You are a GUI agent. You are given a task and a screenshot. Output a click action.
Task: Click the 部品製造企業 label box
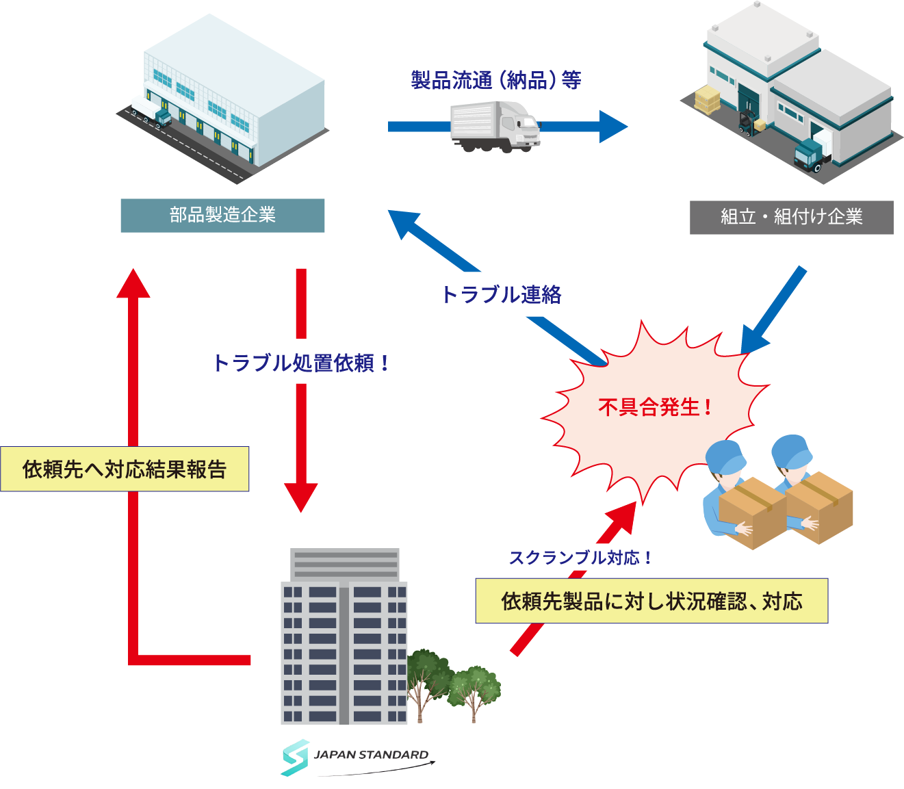click(x=222, y=216)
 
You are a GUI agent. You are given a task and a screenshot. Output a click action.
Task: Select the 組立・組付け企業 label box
click(x=791, y=218)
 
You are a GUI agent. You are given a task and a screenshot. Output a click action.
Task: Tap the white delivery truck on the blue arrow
click(x=495, y=127)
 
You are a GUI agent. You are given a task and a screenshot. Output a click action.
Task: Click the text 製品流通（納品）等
click(x=496, y=81)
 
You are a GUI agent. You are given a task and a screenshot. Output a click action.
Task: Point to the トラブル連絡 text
click(x=502, y=295)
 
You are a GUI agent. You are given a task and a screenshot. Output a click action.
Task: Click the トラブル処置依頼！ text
click(x=301, y=363)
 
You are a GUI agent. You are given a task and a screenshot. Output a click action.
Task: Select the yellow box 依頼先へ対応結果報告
click(x=125, y=469)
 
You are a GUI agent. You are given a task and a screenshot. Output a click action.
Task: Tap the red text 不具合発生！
click(x=655, y=408)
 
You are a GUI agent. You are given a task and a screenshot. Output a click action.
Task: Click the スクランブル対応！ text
click(x=580, y=558)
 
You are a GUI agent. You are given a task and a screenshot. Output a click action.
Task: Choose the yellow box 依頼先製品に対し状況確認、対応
click(x=651, y=602)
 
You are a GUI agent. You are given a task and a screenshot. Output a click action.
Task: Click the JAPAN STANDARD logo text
click(x=371, y=755)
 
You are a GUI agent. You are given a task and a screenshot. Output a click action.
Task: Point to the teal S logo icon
click(x=296, y=757)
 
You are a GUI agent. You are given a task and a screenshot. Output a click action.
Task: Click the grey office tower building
click(x=344, y=636)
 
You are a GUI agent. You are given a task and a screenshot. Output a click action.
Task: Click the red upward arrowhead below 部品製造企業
click(x=133, y=284)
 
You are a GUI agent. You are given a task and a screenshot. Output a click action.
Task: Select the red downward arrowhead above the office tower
click(x=301, y=496)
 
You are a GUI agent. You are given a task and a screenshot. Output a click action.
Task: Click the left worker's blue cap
click(x=725, y=456)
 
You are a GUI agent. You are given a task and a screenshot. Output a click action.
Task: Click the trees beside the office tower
click(x=452, y=681)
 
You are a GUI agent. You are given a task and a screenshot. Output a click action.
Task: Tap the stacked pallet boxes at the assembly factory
click(x=707, y=100)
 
